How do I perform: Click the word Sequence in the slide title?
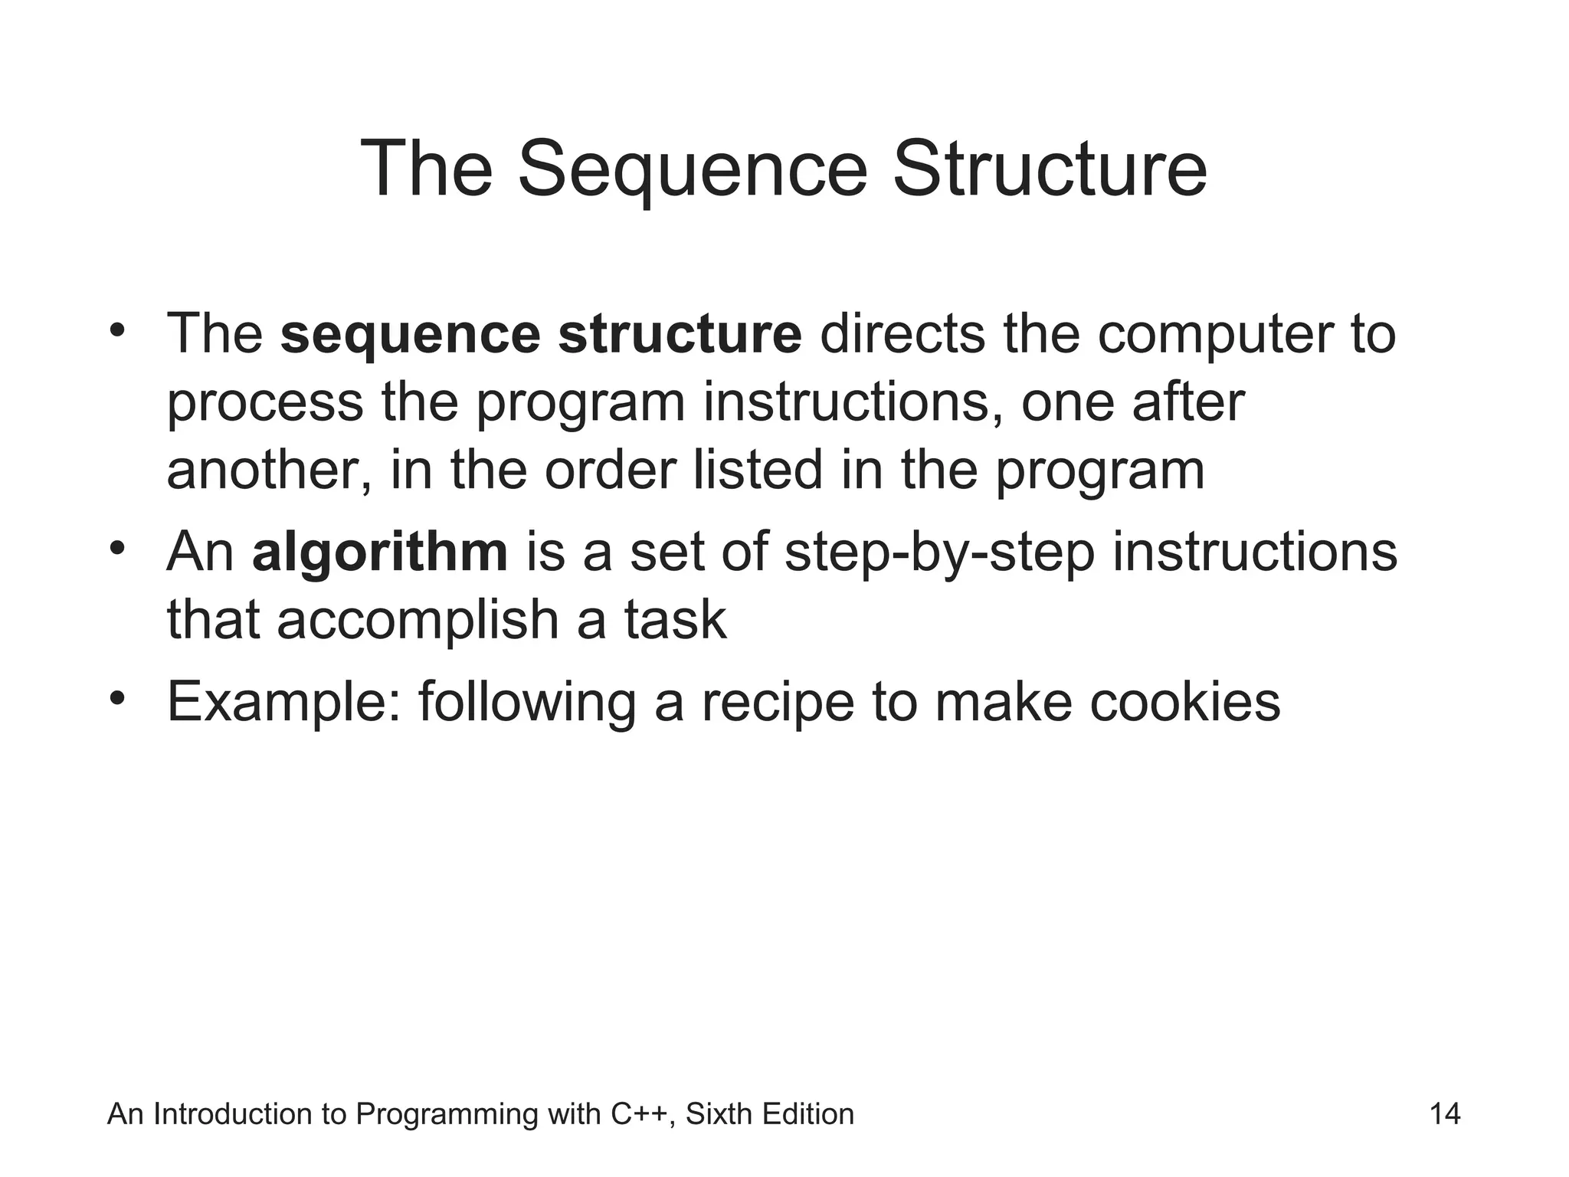(x=692, y=169)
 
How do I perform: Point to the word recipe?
(x=778, y=702)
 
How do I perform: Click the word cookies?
(x=1184, y=702)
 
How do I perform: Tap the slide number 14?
(x=1445, y=1114)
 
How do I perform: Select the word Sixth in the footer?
(x=719, y=1114)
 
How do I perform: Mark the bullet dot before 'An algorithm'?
(x=116, y=549)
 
